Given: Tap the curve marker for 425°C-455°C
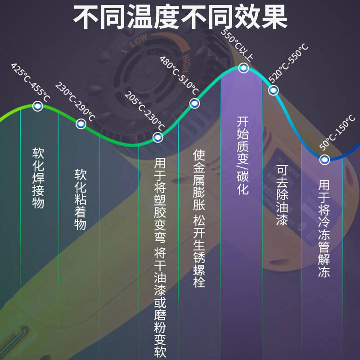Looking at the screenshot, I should pos(37,106).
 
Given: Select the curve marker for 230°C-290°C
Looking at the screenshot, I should pos(81,124).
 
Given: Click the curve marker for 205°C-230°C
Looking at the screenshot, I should pos(157,137).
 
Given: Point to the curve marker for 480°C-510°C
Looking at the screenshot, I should pos(194,103).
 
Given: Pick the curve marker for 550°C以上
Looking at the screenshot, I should pos(243,68).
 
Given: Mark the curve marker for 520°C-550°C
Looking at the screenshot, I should pos(274,90).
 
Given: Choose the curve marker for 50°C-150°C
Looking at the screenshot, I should pos(324,159).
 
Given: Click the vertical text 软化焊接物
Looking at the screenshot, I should pos(38,177).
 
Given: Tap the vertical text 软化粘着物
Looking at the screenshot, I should pos(81,199).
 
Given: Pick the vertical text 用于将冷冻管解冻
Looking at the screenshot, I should pos(324,229).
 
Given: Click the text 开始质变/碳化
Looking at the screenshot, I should pos(243,156).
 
